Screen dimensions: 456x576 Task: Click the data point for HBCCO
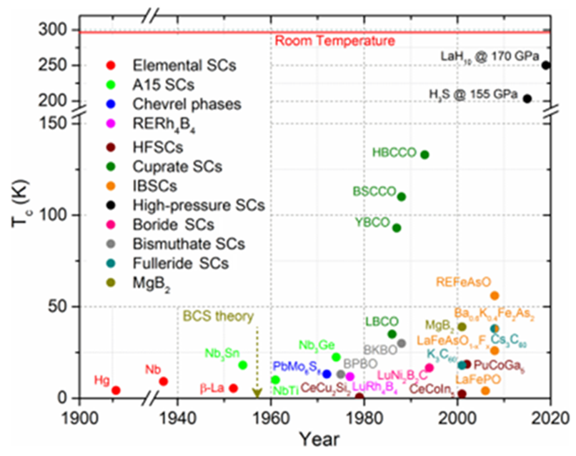coord(424,154)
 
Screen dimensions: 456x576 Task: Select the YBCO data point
coord(397,228)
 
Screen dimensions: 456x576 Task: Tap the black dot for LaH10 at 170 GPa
coord(545,65)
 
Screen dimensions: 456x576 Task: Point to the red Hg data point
coord(116,390)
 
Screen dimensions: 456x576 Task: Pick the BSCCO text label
coord(374,192)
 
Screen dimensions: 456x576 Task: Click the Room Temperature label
coord(324,41)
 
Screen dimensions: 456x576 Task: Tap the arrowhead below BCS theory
coord(257,392)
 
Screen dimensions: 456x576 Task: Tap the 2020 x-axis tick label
coord(550,417)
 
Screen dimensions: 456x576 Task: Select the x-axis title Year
coord(319,438)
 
